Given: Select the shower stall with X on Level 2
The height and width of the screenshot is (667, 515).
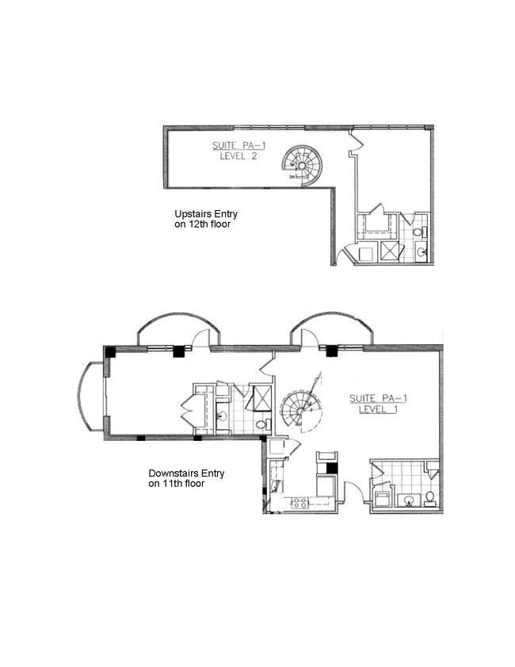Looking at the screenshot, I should [390, 251].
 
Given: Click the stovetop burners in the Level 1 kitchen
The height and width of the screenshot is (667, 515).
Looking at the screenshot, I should [300, 503].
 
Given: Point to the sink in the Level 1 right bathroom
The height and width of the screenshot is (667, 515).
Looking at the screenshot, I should [409, 501].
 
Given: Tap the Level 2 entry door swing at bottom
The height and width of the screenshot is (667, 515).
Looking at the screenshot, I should [345, 255].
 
